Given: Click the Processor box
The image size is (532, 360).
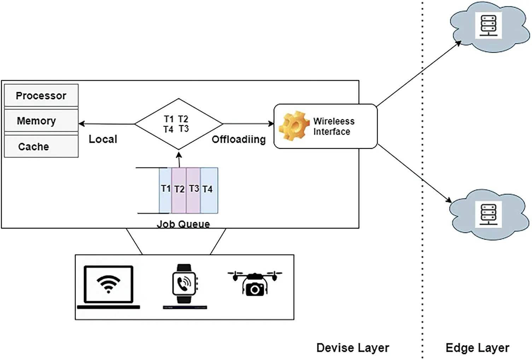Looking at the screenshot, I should pyautogui.click(x=41, y=95).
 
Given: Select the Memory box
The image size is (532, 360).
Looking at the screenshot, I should pyautogui.click(x=41, y=121).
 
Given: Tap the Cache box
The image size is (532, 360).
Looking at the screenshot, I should pyautogui.click(x=41, y=146).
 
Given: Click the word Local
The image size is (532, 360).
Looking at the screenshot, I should pyautogui.click(x=103, y=139).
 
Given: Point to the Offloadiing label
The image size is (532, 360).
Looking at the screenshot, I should pyautogui.click(x=239, y=140).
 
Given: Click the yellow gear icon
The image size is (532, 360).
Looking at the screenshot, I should pyautogui.click(x=293, y=126).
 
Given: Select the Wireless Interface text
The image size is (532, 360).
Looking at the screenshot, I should pyautogui.click(x=333, y=126).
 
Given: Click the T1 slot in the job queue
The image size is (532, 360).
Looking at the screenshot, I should pyautogui.click(x=165, y=190).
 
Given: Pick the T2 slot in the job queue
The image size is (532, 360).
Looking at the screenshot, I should pyautogui.click(x=179, y=190).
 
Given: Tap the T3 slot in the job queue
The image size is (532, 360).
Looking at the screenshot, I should pyautogui.click(x=193, y=190).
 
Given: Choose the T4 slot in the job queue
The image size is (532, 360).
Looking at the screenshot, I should pyautogui.click(x=209, y=190).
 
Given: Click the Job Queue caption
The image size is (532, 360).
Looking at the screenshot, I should pyautogui.click(x=183, y=224).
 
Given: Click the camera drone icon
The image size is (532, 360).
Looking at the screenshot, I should pyautogui.click(x=255, y=283).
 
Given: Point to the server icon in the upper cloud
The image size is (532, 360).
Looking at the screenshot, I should pyautogui.click(x=488, y=25).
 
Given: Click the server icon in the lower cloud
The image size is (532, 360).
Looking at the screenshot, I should pyautogui.click(x=488, y=214).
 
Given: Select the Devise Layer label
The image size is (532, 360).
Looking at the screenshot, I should pyautogui.click(x=352, y=348).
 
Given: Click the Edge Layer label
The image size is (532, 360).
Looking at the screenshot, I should pyautogui.click(x=477, y=348).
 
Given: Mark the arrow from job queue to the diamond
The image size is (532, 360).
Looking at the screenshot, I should pyautogui.click(x=179, y=160).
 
